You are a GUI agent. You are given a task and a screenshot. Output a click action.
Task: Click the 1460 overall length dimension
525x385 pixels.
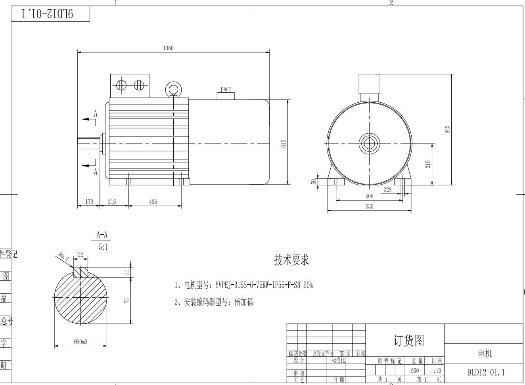[168, 48]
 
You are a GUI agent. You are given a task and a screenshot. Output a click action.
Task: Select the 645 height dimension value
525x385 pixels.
[284, 143]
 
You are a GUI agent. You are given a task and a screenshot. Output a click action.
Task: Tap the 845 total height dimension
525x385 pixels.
[447, 129]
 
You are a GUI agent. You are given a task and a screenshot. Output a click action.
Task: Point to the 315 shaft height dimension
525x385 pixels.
[428, 164]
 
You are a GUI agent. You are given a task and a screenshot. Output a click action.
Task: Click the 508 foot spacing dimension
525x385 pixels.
[369, 196]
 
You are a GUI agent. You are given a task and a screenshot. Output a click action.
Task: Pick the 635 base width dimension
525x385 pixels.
[369, 206]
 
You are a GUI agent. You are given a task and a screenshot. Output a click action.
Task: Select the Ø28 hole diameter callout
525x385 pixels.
[387, 190]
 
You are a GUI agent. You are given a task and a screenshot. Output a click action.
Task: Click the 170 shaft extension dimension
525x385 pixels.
[89, 201]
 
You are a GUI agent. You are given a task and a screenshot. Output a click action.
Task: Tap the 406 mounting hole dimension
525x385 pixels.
[153, 201]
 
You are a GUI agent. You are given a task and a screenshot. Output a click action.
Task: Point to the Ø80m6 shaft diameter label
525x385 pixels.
[80, 342]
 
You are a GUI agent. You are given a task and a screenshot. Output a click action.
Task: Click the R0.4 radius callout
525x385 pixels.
[63, 256]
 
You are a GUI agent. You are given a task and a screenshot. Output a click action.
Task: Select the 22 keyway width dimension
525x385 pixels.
[80, 255]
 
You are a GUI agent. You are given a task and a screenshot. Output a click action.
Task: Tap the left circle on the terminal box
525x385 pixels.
[121, 85]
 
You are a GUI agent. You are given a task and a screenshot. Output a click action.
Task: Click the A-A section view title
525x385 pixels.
[102, 235]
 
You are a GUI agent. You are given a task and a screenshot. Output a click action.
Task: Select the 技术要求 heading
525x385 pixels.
[291, 260]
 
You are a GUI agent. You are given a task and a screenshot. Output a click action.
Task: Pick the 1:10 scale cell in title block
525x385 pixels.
[435, 371]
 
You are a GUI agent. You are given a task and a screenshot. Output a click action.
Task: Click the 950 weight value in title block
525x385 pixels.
[414, 371]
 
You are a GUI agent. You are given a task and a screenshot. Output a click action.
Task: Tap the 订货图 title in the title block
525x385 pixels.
[408, 340]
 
